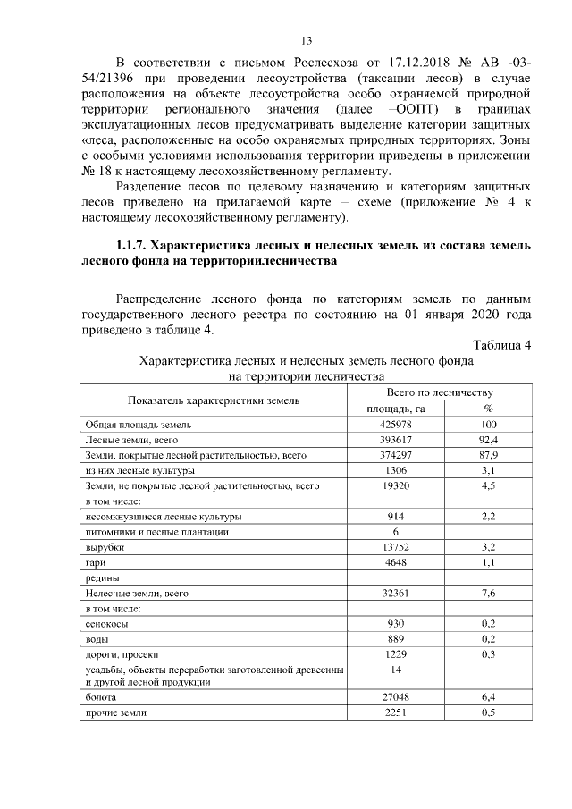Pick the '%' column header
coord(488,409)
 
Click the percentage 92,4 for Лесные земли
coord(488,440)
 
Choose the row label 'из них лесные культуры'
coord(140,471)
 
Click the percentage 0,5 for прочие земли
coord(488,712)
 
